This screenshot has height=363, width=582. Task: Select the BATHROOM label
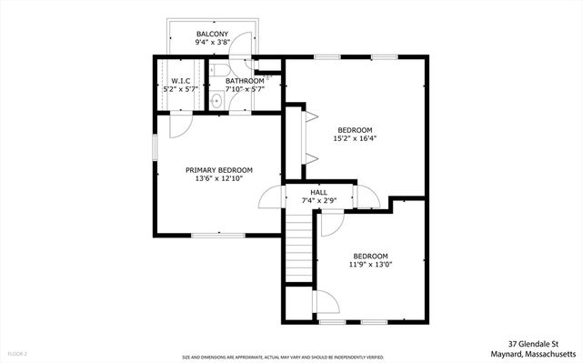tap(244, 81)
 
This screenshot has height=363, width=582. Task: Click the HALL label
tap(318, 192)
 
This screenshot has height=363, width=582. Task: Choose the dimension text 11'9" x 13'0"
tap(370, 266)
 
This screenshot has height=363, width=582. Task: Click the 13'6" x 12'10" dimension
tap(219, 179)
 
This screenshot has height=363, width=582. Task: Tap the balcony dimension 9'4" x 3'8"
tap(211, 43)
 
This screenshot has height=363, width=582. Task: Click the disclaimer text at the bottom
tap(282, 358)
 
